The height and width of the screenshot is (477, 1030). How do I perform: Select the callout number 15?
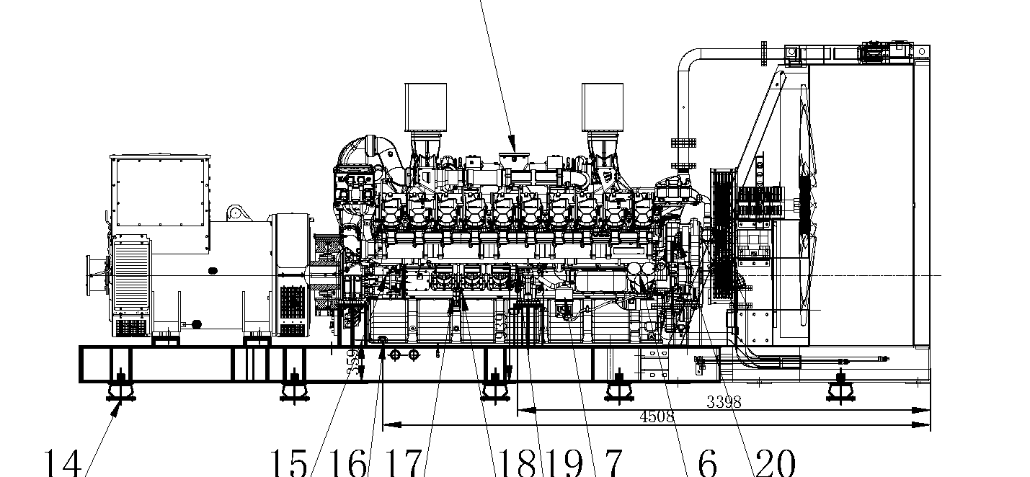(288, 461)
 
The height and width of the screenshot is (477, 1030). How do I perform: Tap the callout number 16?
(347, 461)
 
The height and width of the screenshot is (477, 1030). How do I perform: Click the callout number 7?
(610, 461)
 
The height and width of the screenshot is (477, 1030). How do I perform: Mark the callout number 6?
(707, 461)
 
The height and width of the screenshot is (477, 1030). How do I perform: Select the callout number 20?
(775, 461)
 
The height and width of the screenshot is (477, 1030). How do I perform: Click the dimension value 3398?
(723, 402)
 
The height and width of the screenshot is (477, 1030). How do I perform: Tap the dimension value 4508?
(656, 416)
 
